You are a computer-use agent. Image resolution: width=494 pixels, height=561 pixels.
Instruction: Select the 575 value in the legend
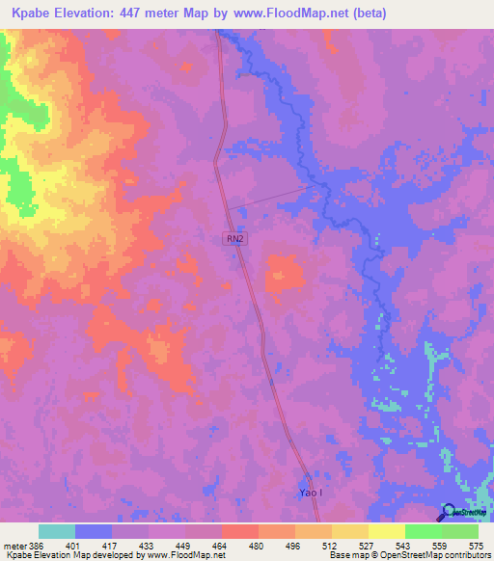[x=477, y=545]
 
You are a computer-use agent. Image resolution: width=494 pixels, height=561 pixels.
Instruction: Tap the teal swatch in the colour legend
[x=57, y=531]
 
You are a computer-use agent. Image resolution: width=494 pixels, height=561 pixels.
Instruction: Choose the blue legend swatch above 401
[x=94, y=531]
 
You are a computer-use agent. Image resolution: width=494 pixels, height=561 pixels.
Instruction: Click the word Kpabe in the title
[x=36, y=13]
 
